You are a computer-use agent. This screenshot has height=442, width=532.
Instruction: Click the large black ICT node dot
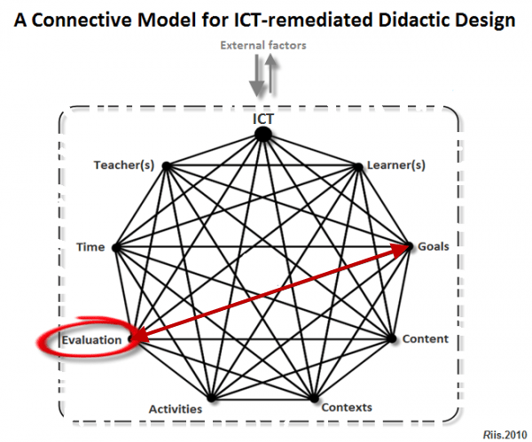262,134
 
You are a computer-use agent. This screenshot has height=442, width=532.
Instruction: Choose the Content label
425,338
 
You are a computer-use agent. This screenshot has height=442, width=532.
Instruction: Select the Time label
91,247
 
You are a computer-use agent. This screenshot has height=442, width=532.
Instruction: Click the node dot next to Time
115,248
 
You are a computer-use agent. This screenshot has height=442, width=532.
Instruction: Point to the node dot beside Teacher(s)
166,165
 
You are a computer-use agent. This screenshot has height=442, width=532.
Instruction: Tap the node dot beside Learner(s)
358,165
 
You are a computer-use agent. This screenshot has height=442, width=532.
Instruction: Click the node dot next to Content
394,338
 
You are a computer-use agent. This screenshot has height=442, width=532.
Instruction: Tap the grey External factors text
263,46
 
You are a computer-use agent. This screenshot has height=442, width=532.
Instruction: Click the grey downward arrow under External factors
256,80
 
